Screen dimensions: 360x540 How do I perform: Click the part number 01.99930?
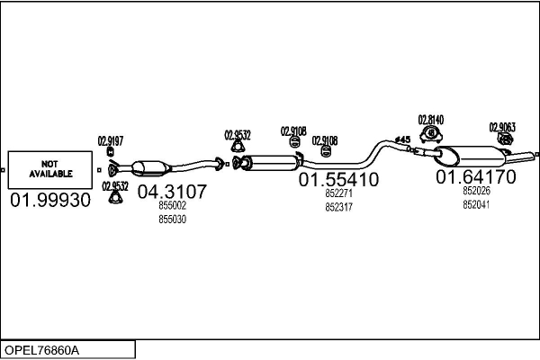(x=50, y=200)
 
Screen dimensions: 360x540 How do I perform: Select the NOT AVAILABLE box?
(x=51, y=168)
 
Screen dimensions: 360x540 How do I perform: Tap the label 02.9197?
(x=110, y=140)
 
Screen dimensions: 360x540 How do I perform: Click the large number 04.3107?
(x=172, y=192)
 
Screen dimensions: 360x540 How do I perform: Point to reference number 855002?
(x=172, y=206)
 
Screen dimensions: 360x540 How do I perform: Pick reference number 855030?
(x=172, y=219)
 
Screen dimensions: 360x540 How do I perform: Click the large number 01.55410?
(x=338, y=180)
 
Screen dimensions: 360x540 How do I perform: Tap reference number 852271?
(x=338, y=193)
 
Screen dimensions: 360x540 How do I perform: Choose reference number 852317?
(x=338, y=206)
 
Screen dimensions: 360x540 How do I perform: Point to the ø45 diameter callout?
(x=402, y=139)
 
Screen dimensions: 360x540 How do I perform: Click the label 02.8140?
(x=430, y=119)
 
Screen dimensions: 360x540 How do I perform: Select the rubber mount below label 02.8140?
(x=430, y=136)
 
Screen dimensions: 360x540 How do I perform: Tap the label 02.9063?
(x=501, y=127)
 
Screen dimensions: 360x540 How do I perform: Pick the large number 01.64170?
(x=476, y=177)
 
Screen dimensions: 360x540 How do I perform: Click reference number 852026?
(x=476, y=191)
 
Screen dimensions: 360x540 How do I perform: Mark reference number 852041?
(x=476, y=204)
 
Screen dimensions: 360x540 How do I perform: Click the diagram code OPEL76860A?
(x=41, y=349)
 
